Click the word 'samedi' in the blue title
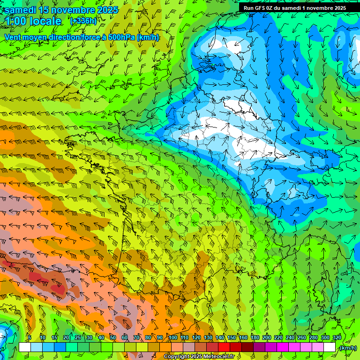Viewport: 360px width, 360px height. pyautogui.click(x=21, y=10)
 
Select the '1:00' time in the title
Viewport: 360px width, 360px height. pyautogui.click(x=16, y=21)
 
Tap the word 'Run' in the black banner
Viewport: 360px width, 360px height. pyautogui.click(x=249, y=8)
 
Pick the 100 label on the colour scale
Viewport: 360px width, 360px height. pyautogui.click(x=173, y=337)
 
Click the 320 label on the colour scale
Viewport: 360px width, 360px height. pyautogui.click(x=337, y=337)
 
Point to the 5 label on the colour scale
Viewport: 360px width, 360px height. pyautogui.click(x=29, y=337)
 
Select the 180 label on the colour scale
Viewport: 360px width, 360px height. pyautogui.click(x=255, y=337)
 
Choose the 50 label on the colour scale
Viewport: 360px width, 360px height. pyautogui.click(x=113, y=337)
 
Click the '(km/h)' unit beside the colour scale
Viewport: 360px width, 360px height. pyautogui.click(x=347, y=348)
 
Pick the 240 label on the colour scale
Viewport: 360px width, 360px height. pyautogui.click(x=290, y=337)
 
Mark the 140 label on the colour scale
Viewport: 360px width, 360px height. pyautogui.click(x=220, y=337)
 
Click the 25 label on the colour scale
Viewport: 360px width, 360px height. pyautogui.click(x=77, y=337)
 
